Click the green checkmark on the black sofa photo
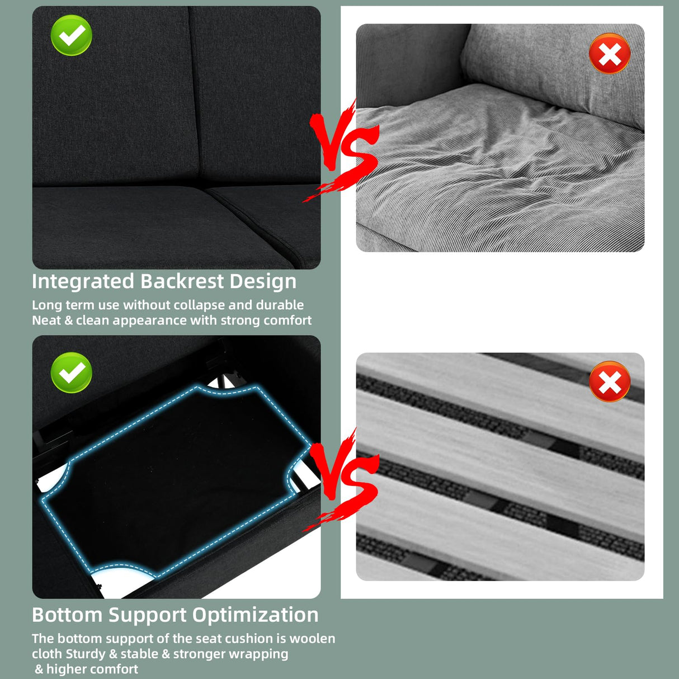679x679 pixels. point(72,35)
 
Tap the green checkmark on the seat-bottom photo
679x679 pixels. point(72,372)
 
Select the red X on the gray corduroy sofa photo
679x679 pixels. point(610,54)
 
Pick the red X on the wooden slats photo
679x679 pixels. point(610,381)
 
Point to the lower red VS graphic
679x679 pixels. point(341,479)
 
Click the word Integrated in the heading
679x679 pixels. point(83,282)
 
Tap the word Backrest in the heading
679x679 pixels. point(182,281)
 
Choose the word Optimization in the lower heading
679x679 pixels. point(255,616)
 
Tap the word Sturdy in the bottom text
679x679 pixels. point(86,654)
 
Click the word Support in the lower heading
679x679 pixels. point(147,616)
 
